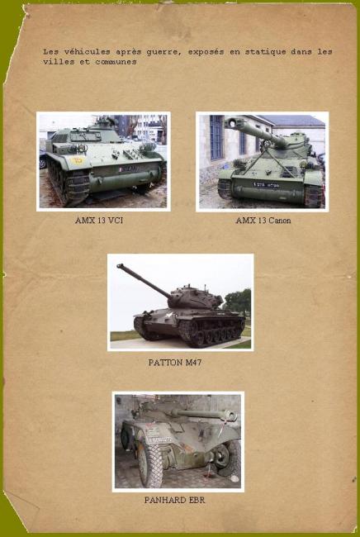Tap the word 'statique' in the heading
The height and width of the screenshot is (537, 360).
click(x=265, y=52)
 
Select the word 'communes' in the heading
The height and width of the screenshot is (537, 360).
click(x=116, y=62)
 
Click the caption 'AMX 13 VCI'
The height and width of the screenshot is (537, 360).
click(x=99, y=221)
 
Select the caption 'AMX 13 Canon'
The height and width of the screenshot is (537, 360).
click(x=263, y=221)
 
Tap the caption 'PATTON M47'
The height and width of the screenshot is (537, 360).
click(x=175, y=363)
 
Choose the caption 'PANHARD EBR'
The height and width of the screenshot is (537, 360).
click(x=174, y=500)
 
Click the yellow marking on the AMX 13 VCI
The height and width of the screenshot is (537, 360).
click(x=78, y=160)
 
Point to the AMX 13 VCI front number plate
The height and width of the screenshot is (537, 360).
click(x=129, y=169)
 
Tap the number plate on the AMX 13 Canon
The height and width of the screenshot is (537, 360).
click(x=267, y=185)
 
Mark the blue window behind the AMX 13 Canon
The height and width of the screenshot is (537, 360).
click(x=216, y=137)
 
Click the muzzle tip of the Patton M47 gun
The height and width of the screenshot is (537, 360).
click(x=120, y=266)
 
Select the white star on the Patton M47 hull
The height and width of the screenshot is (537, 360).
click(x=169, y=316)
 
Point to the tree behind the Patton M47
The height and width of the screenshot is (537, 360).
click(x=238, y=302)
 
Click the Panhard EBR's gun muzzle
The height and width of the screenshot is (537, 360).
click(x=233, y=416)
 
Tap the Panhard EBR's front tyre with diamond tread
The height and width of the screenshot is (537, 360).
click(x=150, y=464)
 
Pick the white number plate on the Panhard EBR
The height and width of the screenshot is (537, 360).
click(x=159, y=440)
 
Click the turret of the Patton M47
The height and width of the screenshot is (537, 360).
click(x=196, y=298)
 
